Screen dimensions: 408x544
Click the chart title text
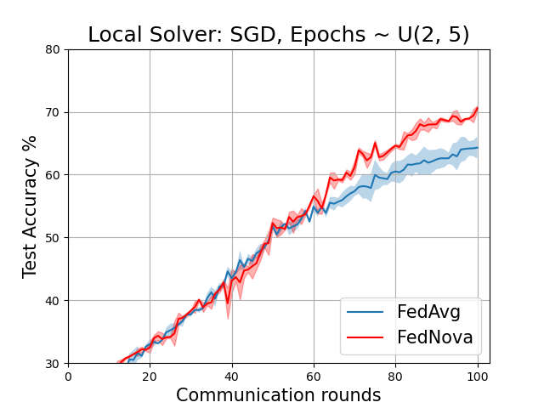[279, 35]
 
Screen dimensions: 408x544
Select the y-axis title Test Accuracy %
[31, 206]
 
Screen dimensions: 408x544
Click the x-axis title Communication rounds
[279, 395]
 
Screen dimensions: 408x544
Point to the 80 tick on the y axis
[53, 49]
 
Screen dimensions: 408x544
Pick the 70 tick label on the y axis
[53, 112]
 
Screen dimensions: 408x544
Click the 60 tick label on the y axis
[53, 175]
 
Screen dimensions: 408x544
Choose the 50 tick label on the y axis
[53, 238]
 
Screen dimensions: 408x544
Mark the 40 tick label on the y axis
[53, 301]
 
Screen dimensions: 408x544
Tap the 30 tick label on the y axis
[53, 364]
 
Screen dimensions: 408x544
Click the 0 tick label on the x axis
[68, 376]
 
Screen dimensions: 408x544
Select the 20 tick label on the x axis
[150, 376]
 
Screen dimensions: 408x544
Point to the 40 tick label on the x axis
[232, 376]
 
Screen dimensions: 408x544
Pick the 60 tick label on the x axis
[314, 376]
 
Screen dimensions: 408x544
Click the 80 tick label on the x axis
[396, 376]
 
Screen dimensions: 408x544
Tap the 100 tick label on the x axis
[478, 376]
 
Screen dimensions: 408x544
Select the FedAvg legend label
[428, 312]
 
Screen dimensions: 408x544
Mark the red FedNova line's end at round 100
[478, 108]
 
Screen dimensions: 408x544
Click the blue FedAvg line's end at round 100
[478, 147]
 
